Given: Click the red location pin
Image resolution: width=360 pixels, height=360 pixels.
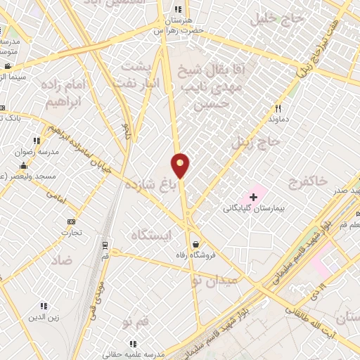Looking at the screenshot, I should pos(181,165).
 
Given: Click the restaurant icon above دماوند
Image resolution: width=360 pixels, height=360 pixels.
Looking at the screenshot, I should pos(279,108).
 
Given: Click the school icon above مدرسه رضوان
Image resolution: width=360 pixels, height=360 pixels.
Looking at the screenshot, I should pos(37,141).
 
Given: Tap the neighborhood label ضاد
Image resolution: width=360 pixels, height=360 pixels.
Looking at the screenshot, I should pos(62,260).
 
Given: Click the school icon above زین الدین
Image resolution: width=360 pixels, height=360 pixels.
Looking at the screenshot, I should pos(44,306).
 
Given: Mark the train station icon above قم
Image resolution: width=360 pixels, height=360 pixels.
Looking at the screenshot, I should pos(105,245).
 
